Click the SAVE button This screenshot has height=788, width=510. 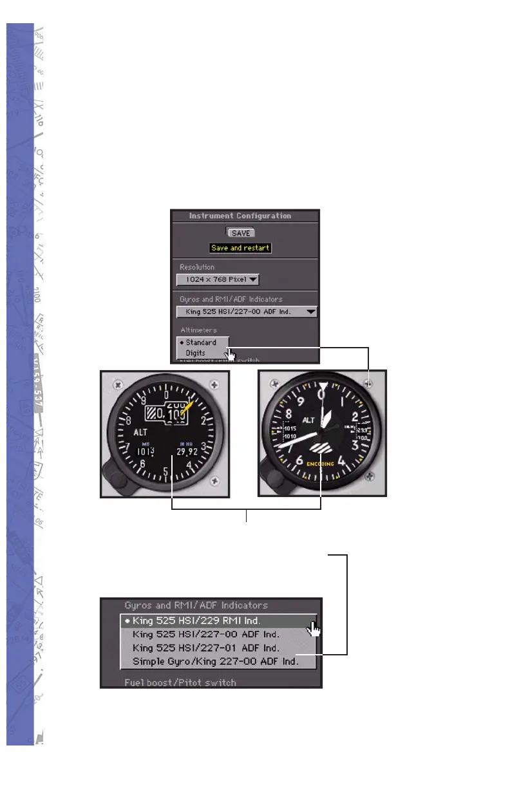[241, 233]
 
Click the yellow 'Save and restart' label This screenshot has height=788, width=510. [241, 248]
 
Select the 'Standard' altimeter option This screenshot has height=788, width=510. [201, 342]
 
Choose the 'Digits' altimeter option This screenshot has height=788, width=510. [196, 353]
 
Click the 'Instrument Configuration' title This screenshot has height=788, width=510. [240, 216]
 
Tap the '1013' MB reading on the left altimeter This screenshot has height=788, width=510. [146, 451]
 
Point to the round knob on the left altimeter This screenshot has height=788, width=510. [118, 482]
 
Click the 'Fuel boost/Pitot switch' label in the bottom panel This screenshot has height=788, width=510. [180, 682]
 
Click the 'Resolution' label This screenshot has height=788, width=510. [198, 267]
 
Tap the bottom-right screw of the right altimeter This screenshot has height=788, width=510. [368, 476]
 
